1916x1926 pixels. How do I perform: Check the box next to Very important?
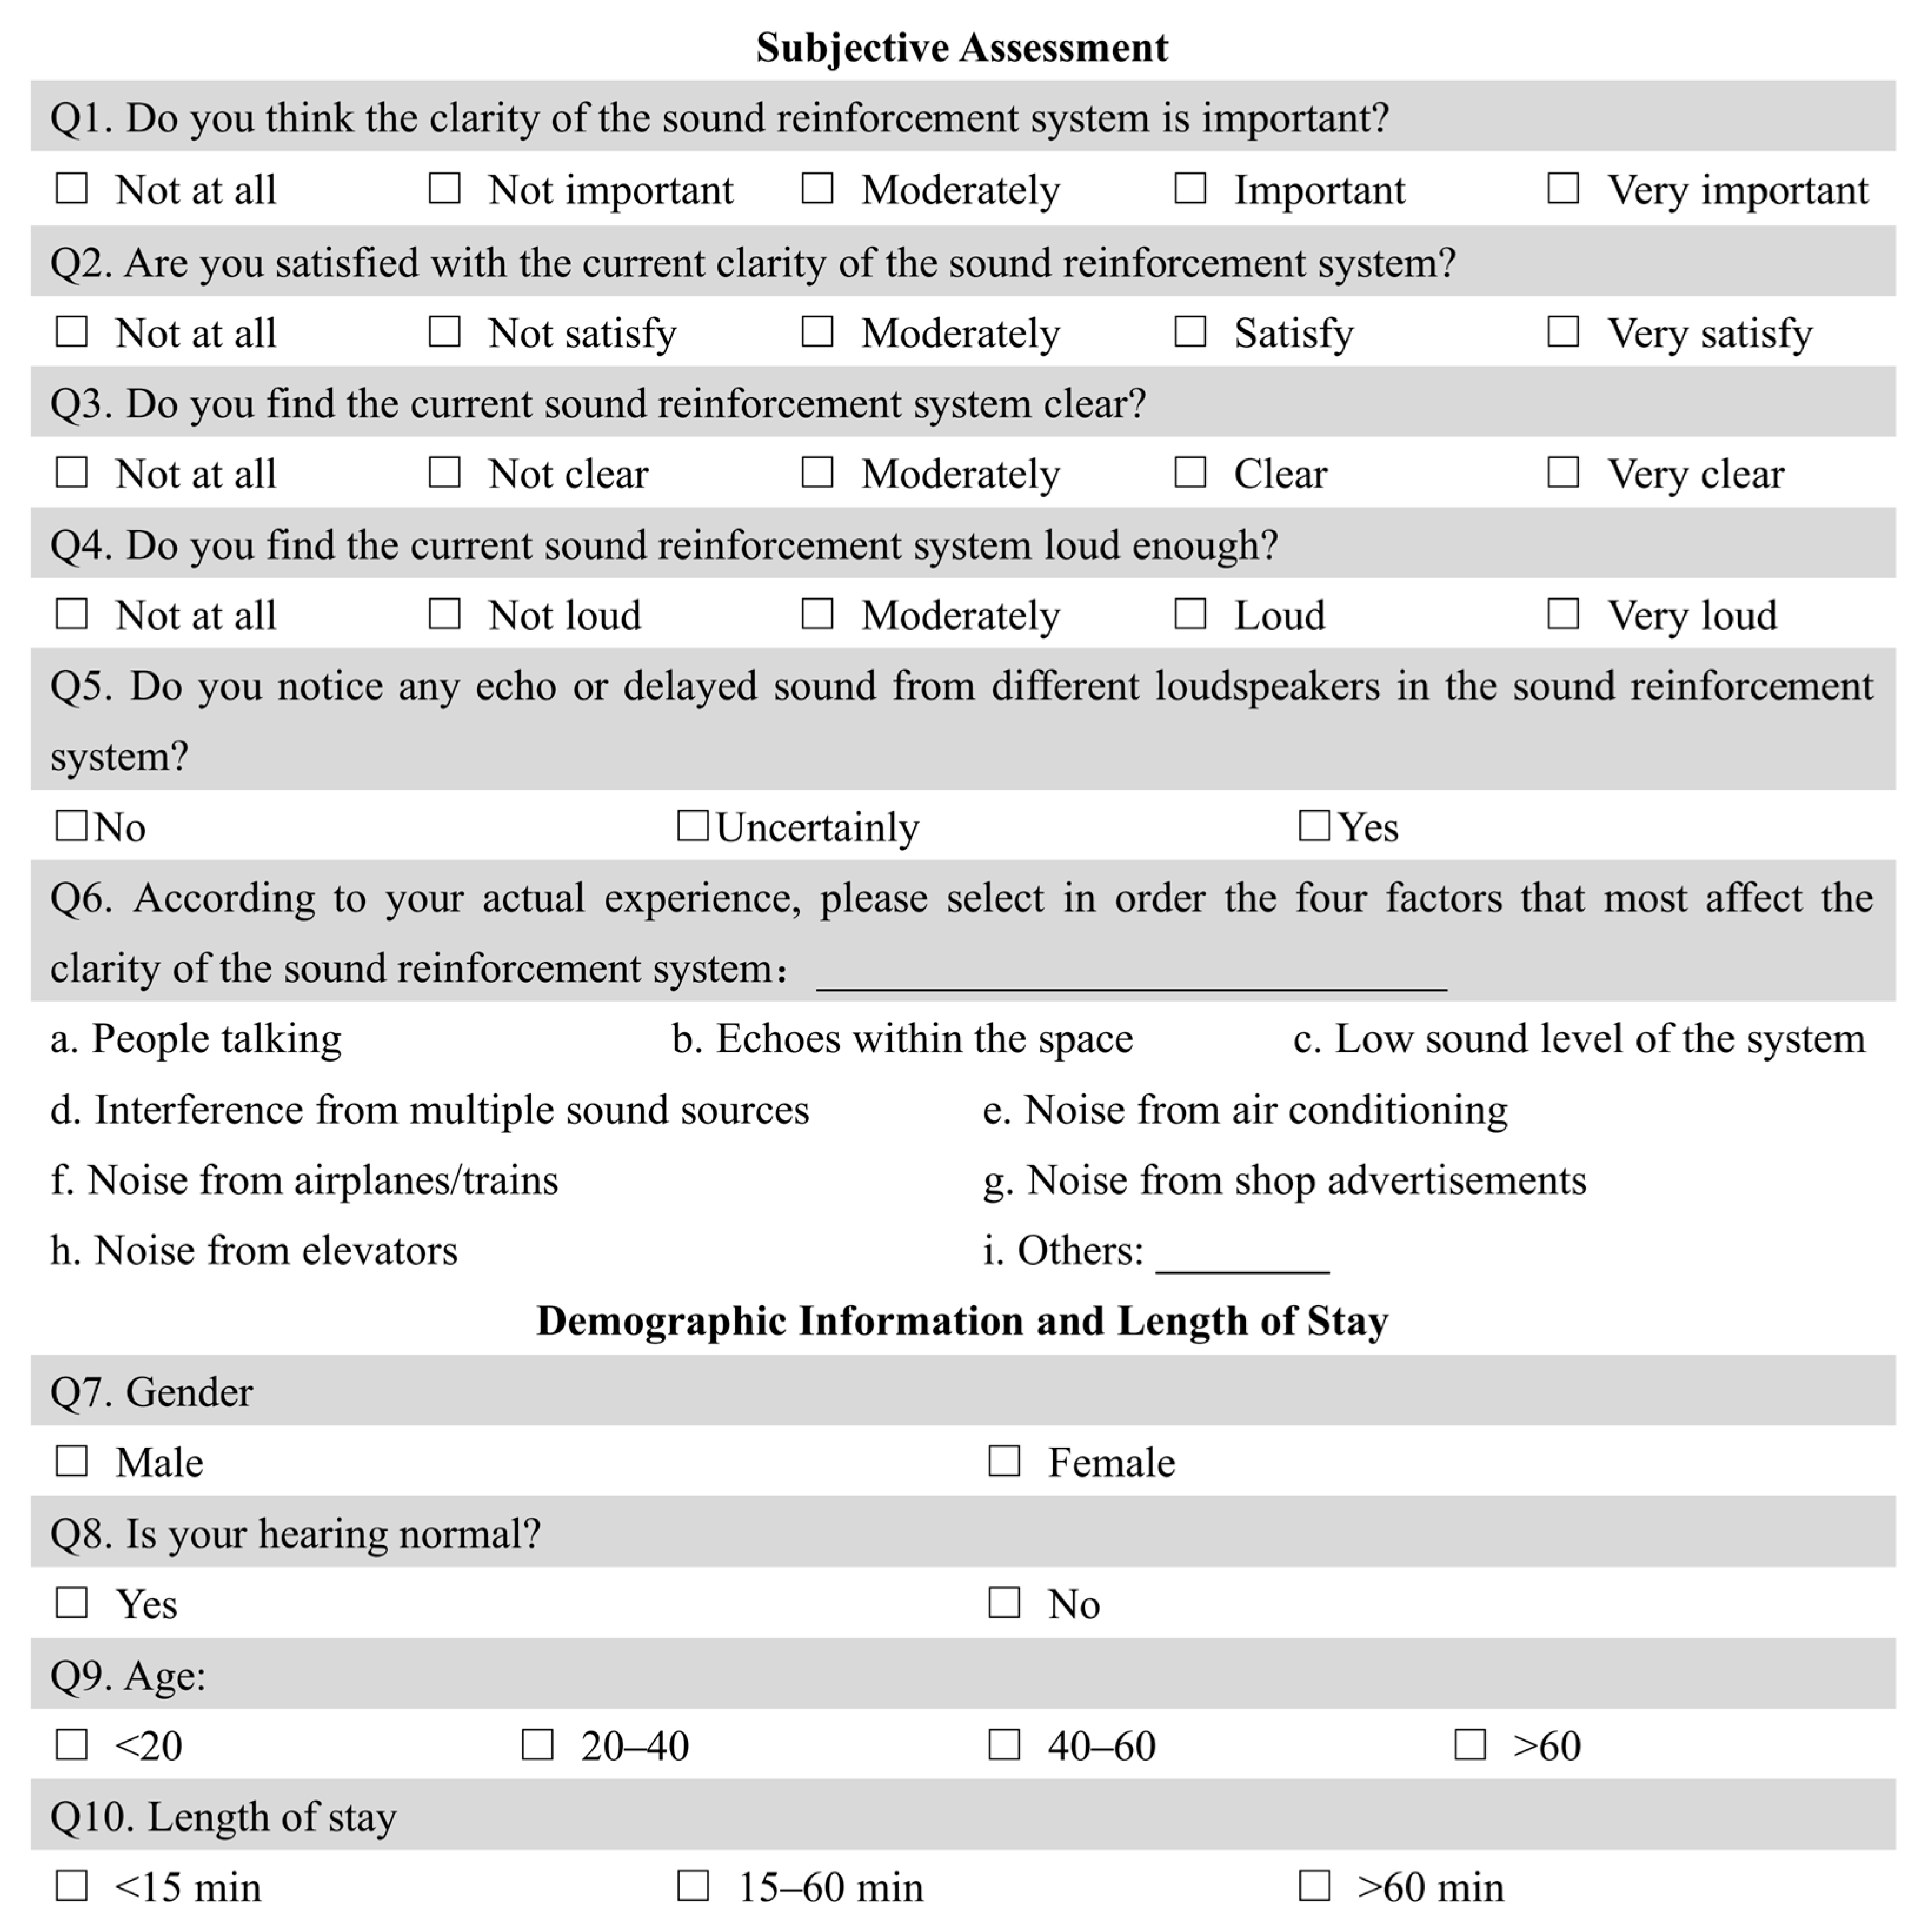(1562, 188)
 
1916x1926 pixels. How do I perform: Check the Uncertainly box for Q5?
(692, 826)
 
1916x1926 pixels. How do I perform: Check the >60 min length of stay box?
(1314, 1885)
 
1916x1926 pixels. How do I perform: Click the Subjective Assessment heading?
(961, 47)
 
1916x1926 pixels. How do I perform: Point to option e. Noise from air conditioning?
(1244, 1110)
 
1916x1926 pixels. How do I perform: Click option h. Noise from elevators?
(254, 1250)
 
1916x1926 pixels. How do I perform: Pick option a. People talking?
(197, 1039)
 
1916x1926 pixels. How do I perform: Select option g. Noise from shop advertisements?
(1284, 1180)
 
